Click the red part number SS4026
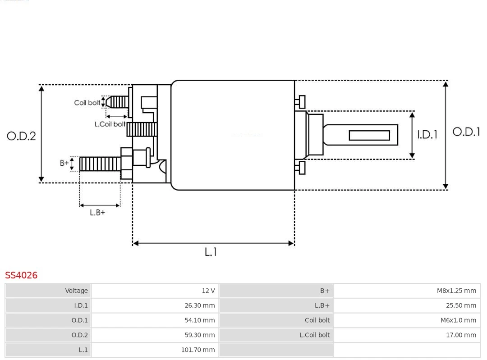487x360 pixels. [x=21, y=275]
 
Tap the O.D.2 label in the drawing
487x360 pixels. [x=21, y=136]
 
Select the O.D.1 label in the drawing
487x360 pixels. [x=466, y=132]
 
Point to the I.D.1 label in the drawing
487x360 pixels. [x=427, y=134]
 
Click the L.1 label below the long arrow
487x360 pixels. [x=211, y=252]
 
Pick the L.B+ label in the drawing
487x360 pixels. [x=97, y=212]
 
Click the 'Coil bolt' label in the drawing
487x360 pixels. [x=87, y=103]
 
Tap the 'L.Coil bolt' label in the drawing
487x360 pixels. [x=110, y=124]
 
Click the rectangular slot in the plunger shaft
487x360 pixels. [x=369, y=135]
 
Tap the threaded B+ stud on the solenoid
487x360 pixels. [x=100, y=164]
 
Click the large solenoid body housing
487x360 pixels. [x=233, y=135]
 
